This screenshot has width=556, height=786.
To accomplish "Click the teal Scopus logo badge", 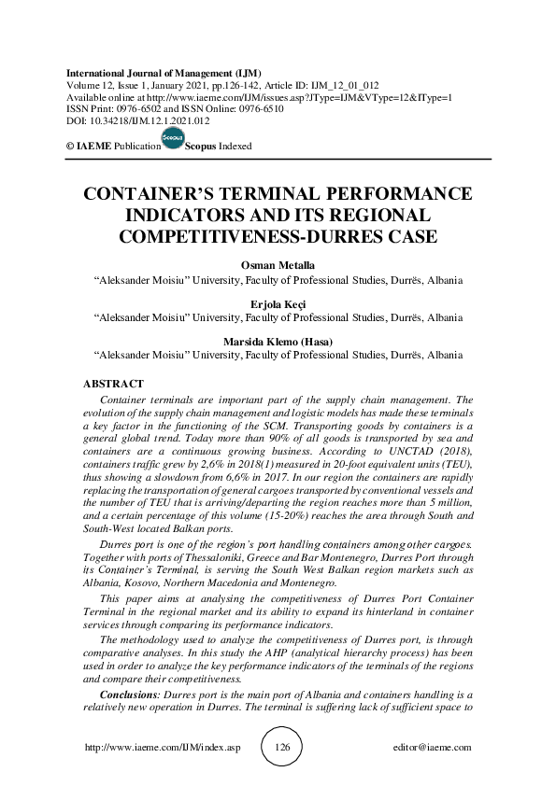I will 173,138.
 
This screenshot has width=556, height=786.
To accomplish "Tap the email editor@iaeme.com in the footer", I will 433,749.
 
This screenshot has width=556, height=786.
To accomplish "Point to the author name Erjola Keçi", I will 278,303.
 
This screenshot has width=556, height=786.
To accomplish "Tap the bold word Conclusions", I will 130,696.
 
